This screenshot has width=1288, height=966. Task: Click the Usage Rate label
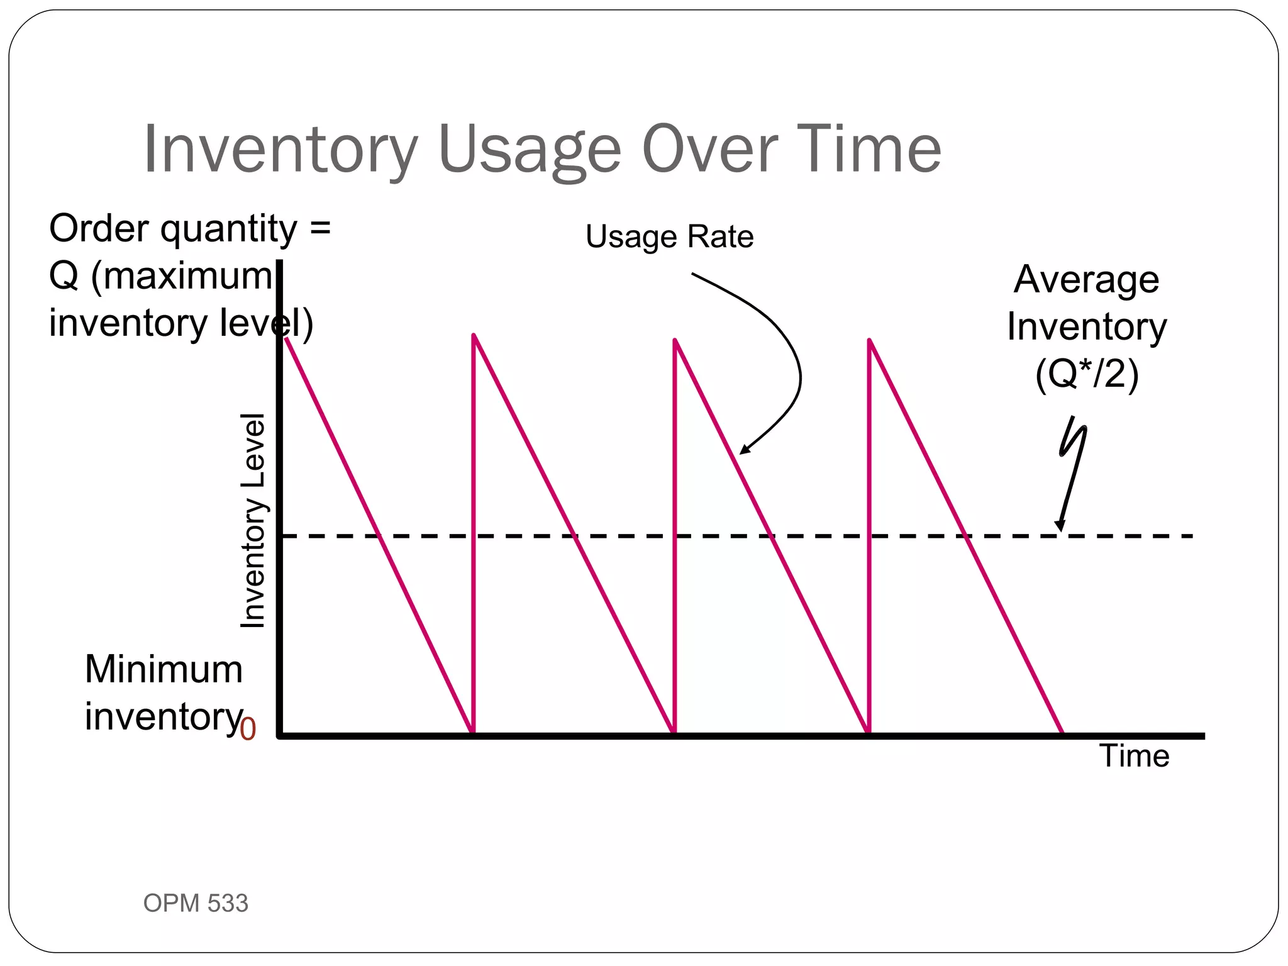tap(669, 236)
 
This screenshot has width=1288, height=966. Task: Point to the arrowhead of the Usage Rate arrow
tap(743, 451)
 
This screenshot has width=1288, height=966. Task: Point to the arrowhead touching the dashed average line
tap(1060, 528)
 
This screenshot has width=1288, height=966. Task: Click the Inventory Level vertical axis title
tap(253, 521)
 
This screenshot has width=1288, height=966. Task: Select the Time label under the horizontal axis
tap(1135, 755)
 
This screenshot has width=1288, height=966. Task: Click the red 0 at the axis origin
tap(248, 730)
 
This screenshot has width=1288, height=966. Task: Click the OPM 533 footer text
tap(196, 903)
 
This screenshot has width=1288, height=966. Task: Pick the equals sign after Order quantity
tap(320, 229)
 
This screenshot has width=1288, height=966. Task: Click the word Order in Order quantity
tap(101, 228)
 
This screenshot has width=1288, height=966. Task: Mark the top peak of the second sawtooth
tap(474, 336)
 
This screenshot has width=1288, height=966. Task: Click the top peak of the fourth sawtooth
tap(870, 340)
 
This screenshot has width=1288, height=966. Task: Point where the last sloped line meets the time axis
tap(1063, 733)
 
